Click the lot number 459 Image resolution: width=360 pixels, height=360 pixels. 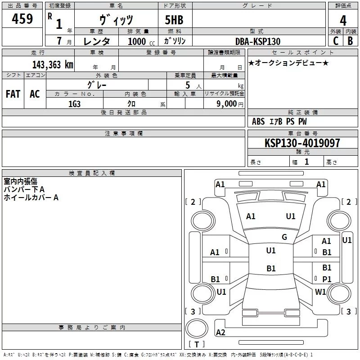pyautogui.click(x=22, y=18)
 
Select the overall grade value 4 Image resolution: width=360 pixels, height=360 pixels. pyautogui.click(x=343, y=21)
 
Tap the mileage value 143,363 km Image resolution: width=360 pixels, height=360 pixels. pyautogui.click(x=53, y=65)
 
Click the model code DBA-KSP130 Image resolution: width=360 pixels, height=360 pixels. pyautogui.click(x=258, y=41)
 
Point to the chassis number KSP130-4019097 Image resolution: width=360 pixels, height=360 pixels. pyautogui.click(x=302, y=143)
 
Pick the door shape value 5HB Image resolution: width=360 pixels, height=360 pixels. pyautogui.click(x=174, y=20)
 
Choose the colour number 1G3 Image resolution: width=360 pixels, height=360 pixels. pyautogui.click(x=74, y=104)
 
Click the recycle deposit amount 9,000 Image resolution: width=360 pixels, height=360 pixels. pyautogui.click(x=227, y=104)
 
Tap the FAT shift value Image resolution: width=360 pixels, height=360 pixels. pyautogui.click(x=13, y=94)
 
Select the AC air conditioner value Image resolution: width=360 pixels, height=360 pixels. pyautogui.click(x=35, y=94)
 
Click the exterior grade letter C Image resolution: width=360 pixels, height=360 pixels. pyautogui.click(x=336, y=41)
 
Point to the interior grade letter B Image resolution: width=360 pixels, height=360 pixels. pyautogui.click(x=350, y=41)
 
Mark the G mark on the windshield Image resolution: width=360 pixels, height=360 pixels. pyautogui.click(x=284, y=237)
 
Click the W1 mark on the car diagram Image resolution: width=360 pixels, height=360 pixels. pyautogui.click(x=320, y=292)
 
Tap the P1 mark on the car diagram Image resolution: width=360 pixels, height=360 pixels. pyautogui.click(x=327, y=279)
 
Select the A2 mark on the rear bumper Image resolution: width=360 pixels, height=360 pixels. pyautogui.click(x=220, y=332)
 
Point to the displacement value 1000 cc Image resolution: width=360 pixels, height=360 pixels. pyautogui.click(x=141, y=41)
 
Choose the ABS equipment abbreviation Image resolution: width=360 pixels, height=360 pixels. pyautogui.click(x=258, y=121)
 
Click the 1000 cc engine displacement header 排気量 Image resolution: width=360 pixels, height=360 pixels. pyautogui.click(x=138, y=31)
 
